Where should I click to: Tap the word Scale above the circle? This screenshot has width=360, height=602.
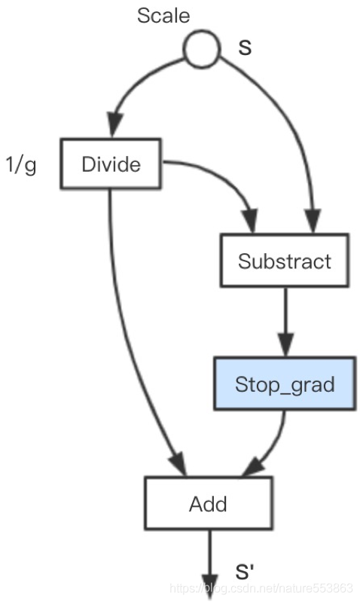(x=163, y=16)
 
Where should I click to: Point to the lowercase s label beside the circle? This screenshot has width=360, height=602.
(x=245, y=47)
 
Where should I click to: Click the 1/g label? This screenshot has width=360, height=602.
(x=21, y=165)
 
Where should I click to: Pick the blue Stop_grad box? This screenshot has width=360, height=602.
(x=285, y=384)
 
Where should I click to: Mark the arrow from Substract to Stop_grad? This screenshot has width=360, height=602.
(x=285, y=322)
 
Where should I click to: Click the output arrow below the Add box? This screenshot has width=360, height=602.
(x=209, y=564)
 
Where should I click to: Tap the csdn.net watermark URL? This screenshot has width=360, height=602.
(x=261, y=588)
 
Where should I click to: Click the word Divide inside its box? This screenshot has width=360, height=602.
(x=111, y=164)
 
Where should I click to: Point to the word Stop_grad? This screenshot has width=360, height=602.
(x=285, y=385)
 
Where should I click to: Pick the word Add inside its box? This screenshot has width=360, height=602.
(x=208, y=504)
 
